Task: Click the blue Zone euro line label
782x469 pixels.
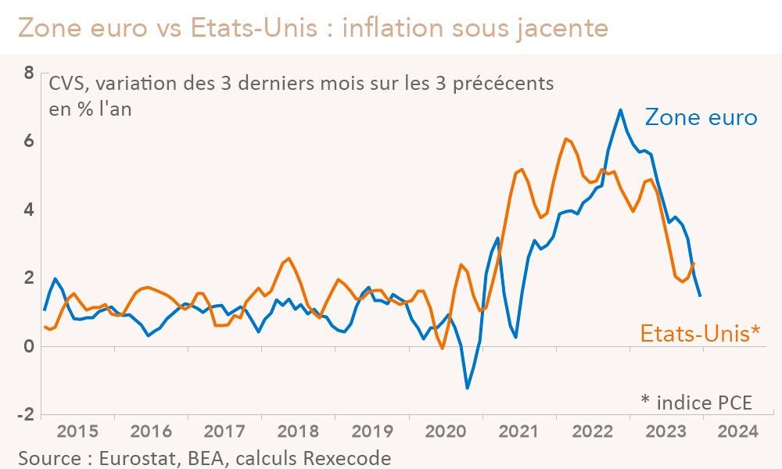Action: pos(701,117)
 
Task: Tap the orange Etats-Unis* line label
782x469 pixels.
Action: pos(700,334)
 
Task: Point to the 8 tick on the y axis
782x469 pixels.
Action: pos(29,73)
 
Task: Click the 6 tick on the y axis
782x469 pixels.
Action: pos(29,141)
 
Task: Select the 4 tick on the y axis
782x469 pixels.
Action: pos(29,209)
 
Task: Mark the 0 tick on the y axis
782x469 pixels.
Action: pos(29,346)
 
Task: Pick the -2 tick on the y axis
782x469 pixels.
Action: pos(26,414)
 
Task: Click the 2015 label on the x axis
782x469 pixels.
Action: pos(77,431)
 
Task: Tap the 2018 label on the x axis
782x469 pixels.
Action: pos(298,431)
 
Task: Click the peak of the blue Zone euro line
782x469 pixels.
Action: pos(621,109)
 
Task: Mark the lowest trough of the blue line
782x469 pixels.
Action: pos(468,388)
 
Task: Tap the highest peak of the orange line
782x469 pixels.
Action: pos(565,138)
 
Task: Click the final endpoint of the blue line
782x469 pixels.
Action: pos(700,295)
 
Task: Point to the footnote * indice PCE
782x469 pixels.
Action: pos(696,402)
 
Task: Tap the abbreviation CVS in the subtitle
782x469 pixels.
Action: pos(65,84)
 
